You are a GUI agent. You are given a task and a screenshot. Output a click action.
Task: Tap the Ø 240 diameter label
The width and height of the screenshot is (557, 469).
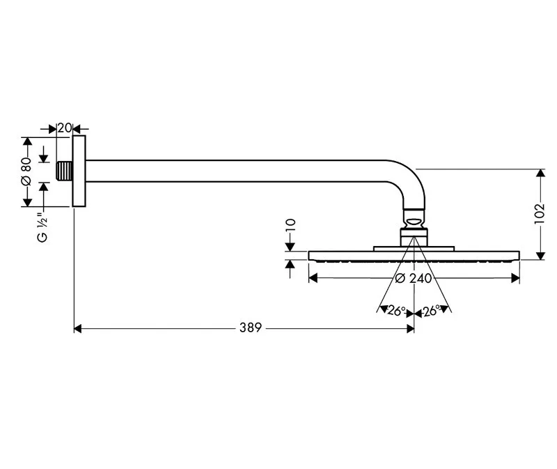click(414, 278)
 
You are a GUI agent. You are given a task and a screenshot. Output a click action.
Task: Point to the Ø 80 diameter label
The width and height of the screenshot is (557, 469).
click(26, 171)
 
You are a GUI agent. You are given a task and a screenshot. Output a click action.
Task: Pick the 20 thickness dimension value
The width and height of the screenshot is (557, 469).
click(65, 128)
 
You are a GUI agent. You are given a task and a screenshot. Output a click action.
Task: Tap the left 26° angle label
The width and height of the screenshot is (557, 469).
click(395, 312)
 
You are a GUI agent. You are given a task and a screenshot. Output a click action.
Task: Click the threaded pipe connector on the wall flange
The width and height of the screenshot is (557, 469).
click(64, 171)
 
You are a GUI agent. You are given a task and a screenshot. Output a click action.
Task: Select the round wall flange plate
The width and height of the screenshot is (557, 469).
click(79, 171)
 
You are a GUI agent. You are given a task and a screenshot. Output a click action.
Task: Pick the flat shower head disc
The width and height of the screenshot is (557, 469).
click(414, 255)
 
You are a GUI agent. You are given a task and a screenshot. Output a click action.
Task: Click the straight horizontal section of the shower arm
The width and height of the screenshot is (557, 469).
click(244, 171)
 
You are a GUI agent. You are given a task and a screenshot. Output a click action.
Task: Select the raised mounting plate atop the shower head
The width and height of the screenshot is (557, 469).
click(414, 247)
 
